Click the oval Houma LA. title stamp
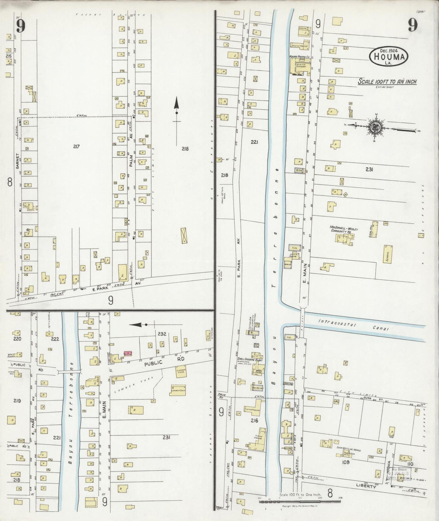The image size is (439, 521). coord(389,56)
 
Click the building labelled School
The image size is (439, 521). coord(387,253)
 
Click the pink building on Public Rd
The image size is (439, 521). coord(128,353)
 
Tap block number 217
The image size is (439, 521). coord(76,147)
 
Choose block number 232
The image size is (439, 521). coord(162,333)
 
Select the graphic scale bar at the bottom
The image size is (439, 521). coord(300,501)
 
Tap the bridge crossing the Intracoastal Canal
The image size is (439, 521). coord(302,323)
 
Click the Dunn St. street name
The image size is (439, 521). coord(372,397)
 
